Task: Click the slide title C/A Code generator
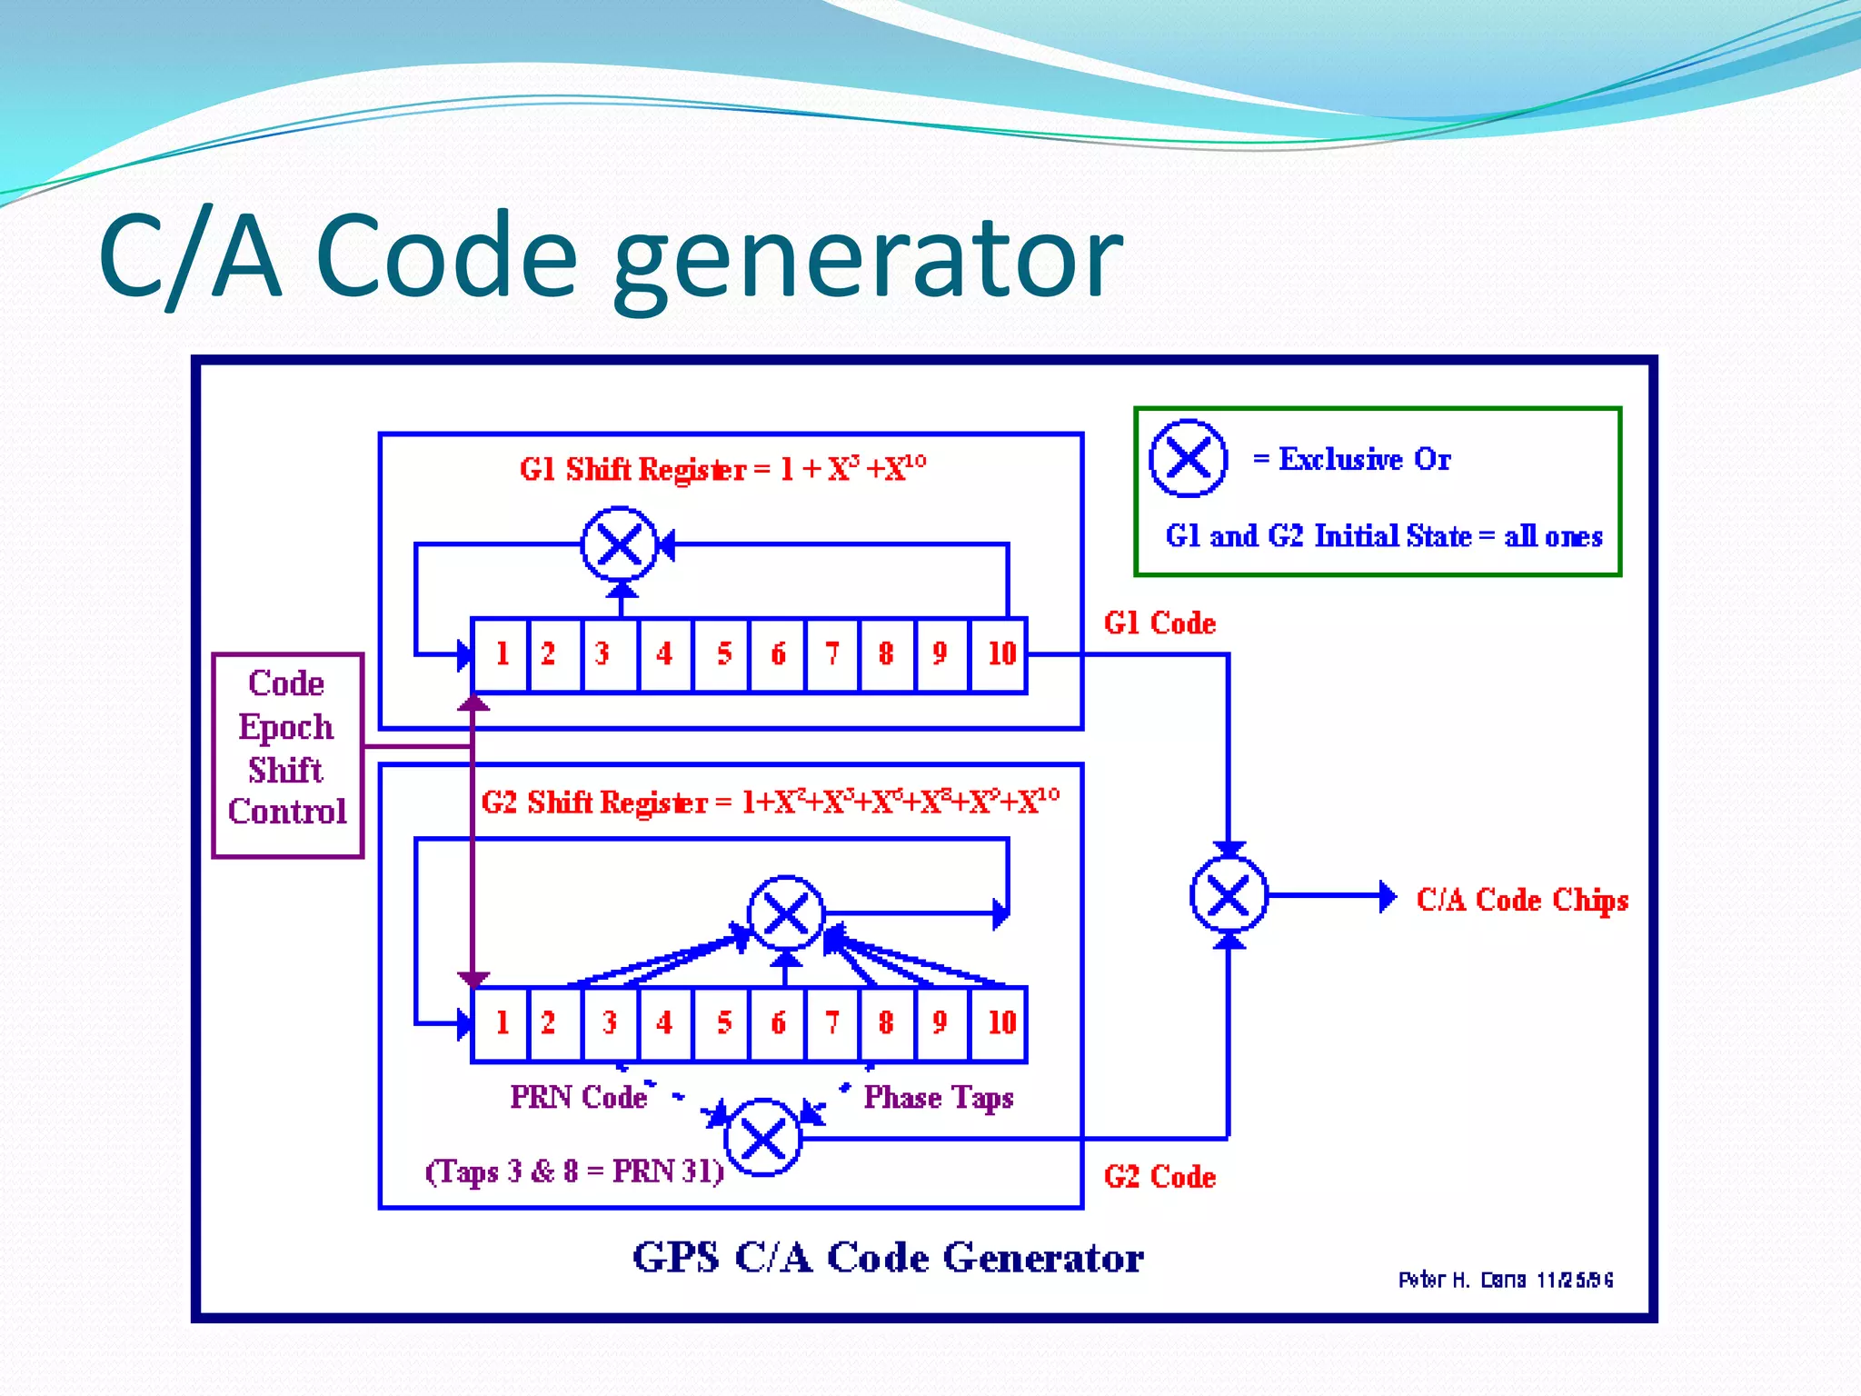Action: coord(611,256)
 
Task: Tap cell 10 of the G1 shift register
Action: coord(1000,654)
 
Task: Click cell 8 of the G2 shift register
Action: coord(886,1023)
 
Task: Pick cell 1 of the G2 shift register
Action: coord(501,1023)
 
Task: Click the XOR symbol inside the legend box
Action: coord(1188,458)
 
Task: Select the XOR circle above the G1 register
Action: coord(620,545)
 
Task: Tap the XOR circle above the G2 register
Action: coord(786,913)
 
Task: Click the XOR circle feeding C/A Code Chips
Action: coord(1229,896)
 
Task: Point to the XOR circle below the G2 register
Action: coord(763,1137)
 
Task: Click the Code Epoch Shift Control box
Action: coord(287,754)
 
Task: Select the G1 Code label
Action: coord(1159,623)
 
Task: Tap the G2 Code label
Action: coord(1159,1177)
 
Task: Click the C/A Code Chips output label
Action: coord(1522,900)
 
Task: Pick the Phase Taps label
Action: coord(938,1098)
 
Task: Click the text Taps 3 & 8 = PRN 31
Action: coord(574,1172)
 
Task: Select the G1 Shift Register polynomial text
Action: coord(722,469)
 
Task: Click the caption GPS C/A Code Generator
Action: coord(887,1258)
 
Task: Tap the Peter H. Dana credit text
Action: coord(1505,1280)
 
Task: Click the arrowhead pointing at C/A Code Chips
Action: coord(1388,896)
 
